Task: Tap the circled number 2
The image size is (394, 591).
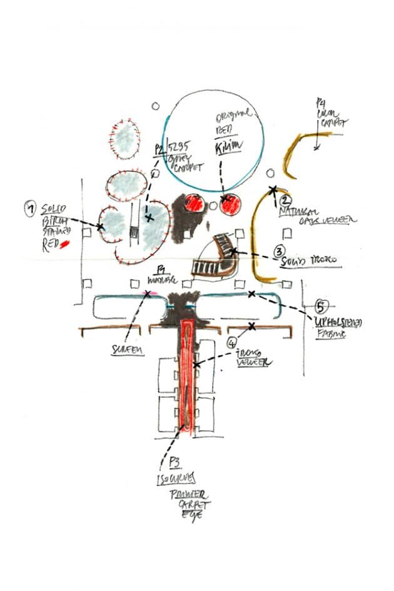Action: point(285,201)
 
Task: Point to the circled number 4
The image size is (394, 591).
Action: point(232,342)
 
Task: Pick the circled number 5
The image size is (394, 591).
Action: point(321,307)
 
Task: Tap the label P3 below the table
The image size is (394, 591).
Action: point(175,463)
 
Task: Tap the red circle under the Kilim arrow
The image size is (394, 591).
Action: point(230,204)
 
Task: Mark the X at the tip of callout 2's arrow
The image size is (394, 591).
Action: point(272,188)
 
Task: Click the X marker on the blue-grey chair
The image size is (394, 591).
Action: point(149,218)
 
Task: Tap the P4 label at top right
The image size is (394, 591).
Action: point(321,101)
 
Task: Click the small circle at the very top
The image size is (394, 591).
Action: point(156,106)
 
